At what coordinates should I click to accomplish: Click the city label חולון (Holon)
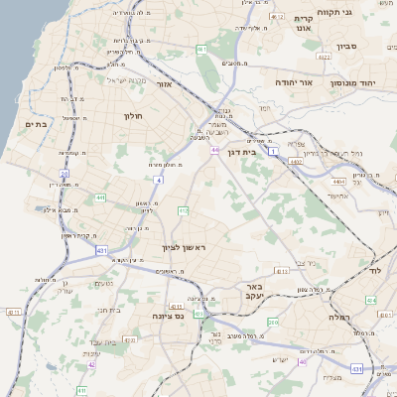pyautogui.click(x=134, y=116)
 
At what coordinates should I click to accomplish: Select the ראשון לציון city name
pyautogui.click(x=186, y=247)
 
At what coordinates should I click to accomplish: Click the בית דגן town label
pyautogui.click(x=256, y=153)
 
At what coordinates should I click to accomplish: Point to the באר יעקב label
pyautogui.click(x=252, y=290)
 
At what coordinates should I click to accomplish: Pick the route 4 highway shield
pyautogui.click(x=158, y=180)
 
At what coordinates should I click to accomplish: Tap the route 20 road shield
pyautogui.click(x=52, y=174)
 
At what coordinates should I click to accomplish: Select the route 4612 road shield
pyautogui.click(x=275, y=17)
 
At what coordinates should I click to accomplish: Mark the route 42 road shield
pyautogui.click(x=91, y=364)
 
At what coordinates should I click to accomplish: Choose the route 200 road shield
pyautogui.click(x=273, y=323)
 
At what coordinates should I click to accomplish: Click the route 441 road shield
pyautogui.click(x=100, y=198)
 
